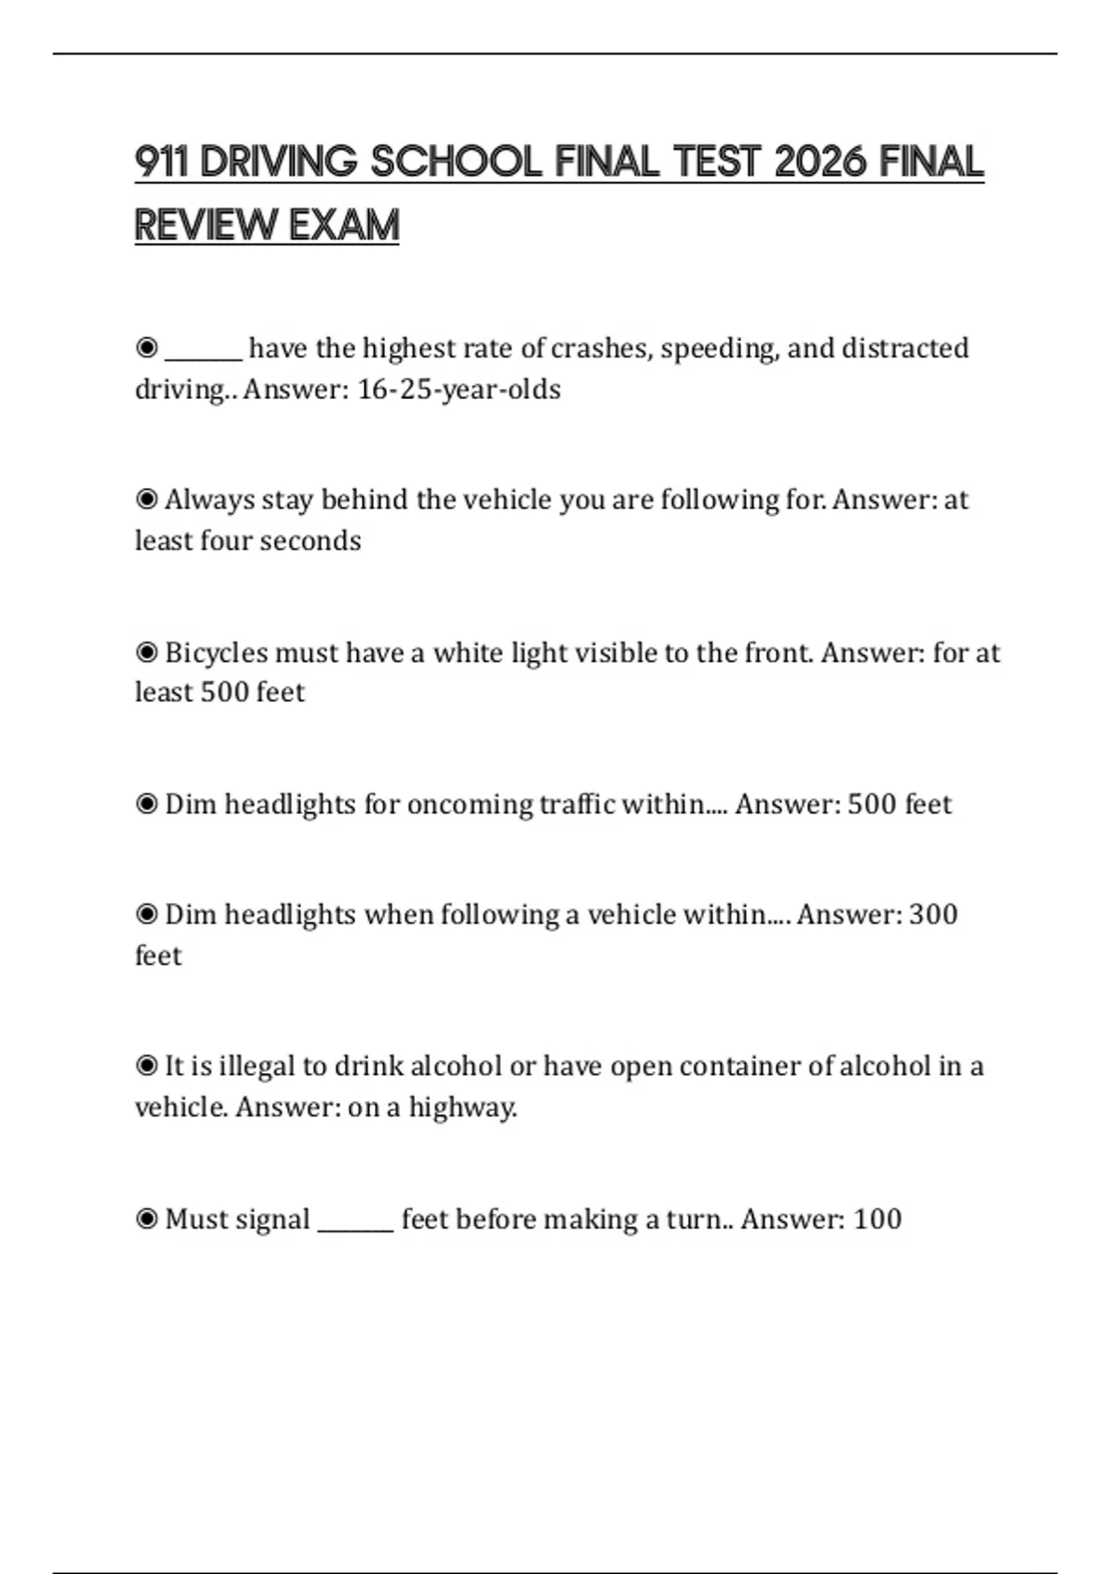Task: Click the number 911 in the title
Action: coord(161,162)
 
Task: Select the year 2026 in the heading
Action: coord(820,162)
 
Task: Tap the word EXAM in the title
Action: coord(343,225)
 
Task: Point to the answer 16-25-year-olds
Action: coord(459,390)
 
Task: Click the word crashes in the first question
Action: coord(601,349)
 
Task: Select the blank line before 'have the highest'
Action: coord(204,352)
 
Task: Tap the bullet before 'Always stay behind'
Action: coord(146,500)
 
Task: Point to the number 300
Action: coord(933,915)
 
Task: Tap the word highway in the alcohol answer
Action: coord(462,1107)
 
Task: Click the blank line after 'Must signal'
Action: coord(356,1222)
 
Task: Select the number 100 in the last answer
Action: coord(877,1219)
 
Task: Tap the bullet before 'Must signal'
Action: coord(146,1219)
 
